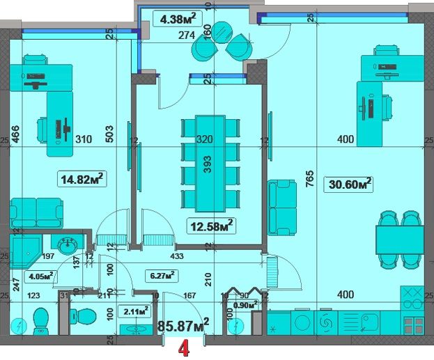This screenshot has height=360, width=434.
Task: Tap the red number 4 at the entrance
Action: [184, 347]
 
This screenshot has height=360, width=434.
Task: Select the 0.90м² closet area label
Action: [245, 304]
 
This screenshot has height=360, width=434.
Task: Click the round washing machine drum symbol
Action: [302, 322]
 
